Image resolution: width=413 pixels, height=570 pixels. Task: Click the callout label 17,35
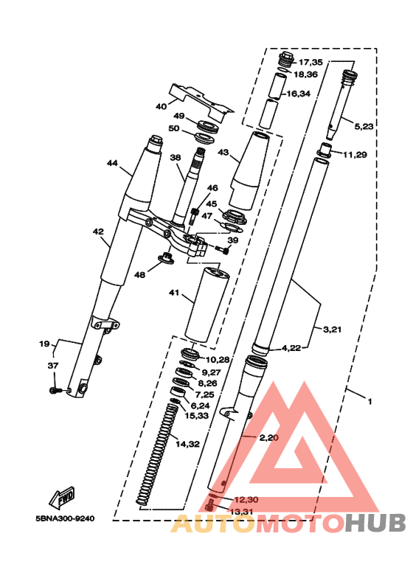[x=310, y=62]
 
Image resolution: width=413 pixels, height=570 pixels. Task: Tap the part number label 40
[x=161, y=106]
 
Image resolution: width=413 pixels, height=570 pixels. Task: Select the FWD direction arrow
[x=62, y=496]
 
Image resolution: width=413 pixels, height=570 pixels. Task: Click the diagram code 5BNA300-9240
[x=65, y=518]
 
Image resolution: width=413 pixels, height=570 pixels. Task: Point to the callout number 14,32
[x=187, y=444]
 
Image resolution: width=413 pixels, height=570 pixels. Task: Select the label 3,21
[x=333, y=330]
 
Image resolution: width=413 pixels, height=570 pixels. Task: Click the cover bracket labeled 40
[x=202, y=102]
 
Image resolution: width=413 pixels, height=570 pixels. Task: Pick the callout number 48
[x=139, y=275]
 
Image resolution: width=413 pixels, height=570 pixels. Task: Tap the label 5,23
[x=364, y=127]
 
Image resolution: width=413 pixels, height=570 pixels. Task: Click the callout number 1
[x=370, y=402]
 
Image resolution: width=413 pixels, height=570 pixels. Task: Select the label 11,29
[x=355, y=155]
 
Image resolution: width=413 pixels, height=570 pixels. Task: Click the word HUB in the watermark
[x=375, y=524]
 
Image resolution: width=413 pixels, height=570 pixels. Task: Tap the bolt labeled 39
[x=222, y=249]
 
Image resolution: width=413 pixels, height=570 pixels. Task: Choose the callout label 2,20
[x=269, y=438]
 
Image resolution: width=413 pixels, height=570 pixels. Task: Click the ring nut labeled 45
[x=232, y=217]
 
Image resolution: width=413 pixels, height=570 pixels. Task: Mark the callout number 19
[x=44, y=344]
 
